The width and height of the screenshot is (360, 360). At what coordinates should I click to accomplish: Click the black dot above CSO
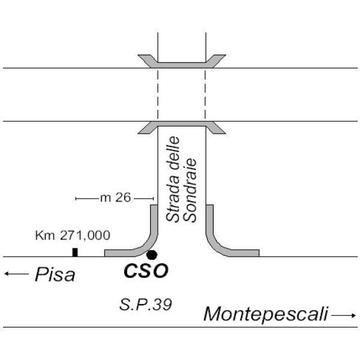(x=152, y=254)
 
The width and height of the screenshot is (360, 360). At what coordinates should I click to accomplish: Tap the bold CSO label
(x=146, y=271)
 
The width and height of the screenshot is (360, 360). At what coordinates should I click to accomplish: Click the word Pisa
(x=55, y=275)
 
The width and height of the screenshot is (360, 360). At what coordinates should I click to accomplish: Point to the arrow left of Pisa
(x=16, y=274)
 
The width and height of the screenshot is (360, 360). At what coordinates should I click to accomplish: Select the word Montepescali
(x=266, y=313)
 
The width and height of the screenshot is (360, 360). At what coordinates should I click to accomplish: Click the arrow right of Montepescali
(x=344, y=314)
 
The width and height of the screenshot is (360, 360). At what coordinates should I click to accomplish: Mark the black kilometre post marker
(x=75, y=252)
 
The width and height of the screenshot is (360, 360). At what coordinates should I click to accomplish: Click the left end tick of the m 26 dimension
(x=76, y=197)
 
